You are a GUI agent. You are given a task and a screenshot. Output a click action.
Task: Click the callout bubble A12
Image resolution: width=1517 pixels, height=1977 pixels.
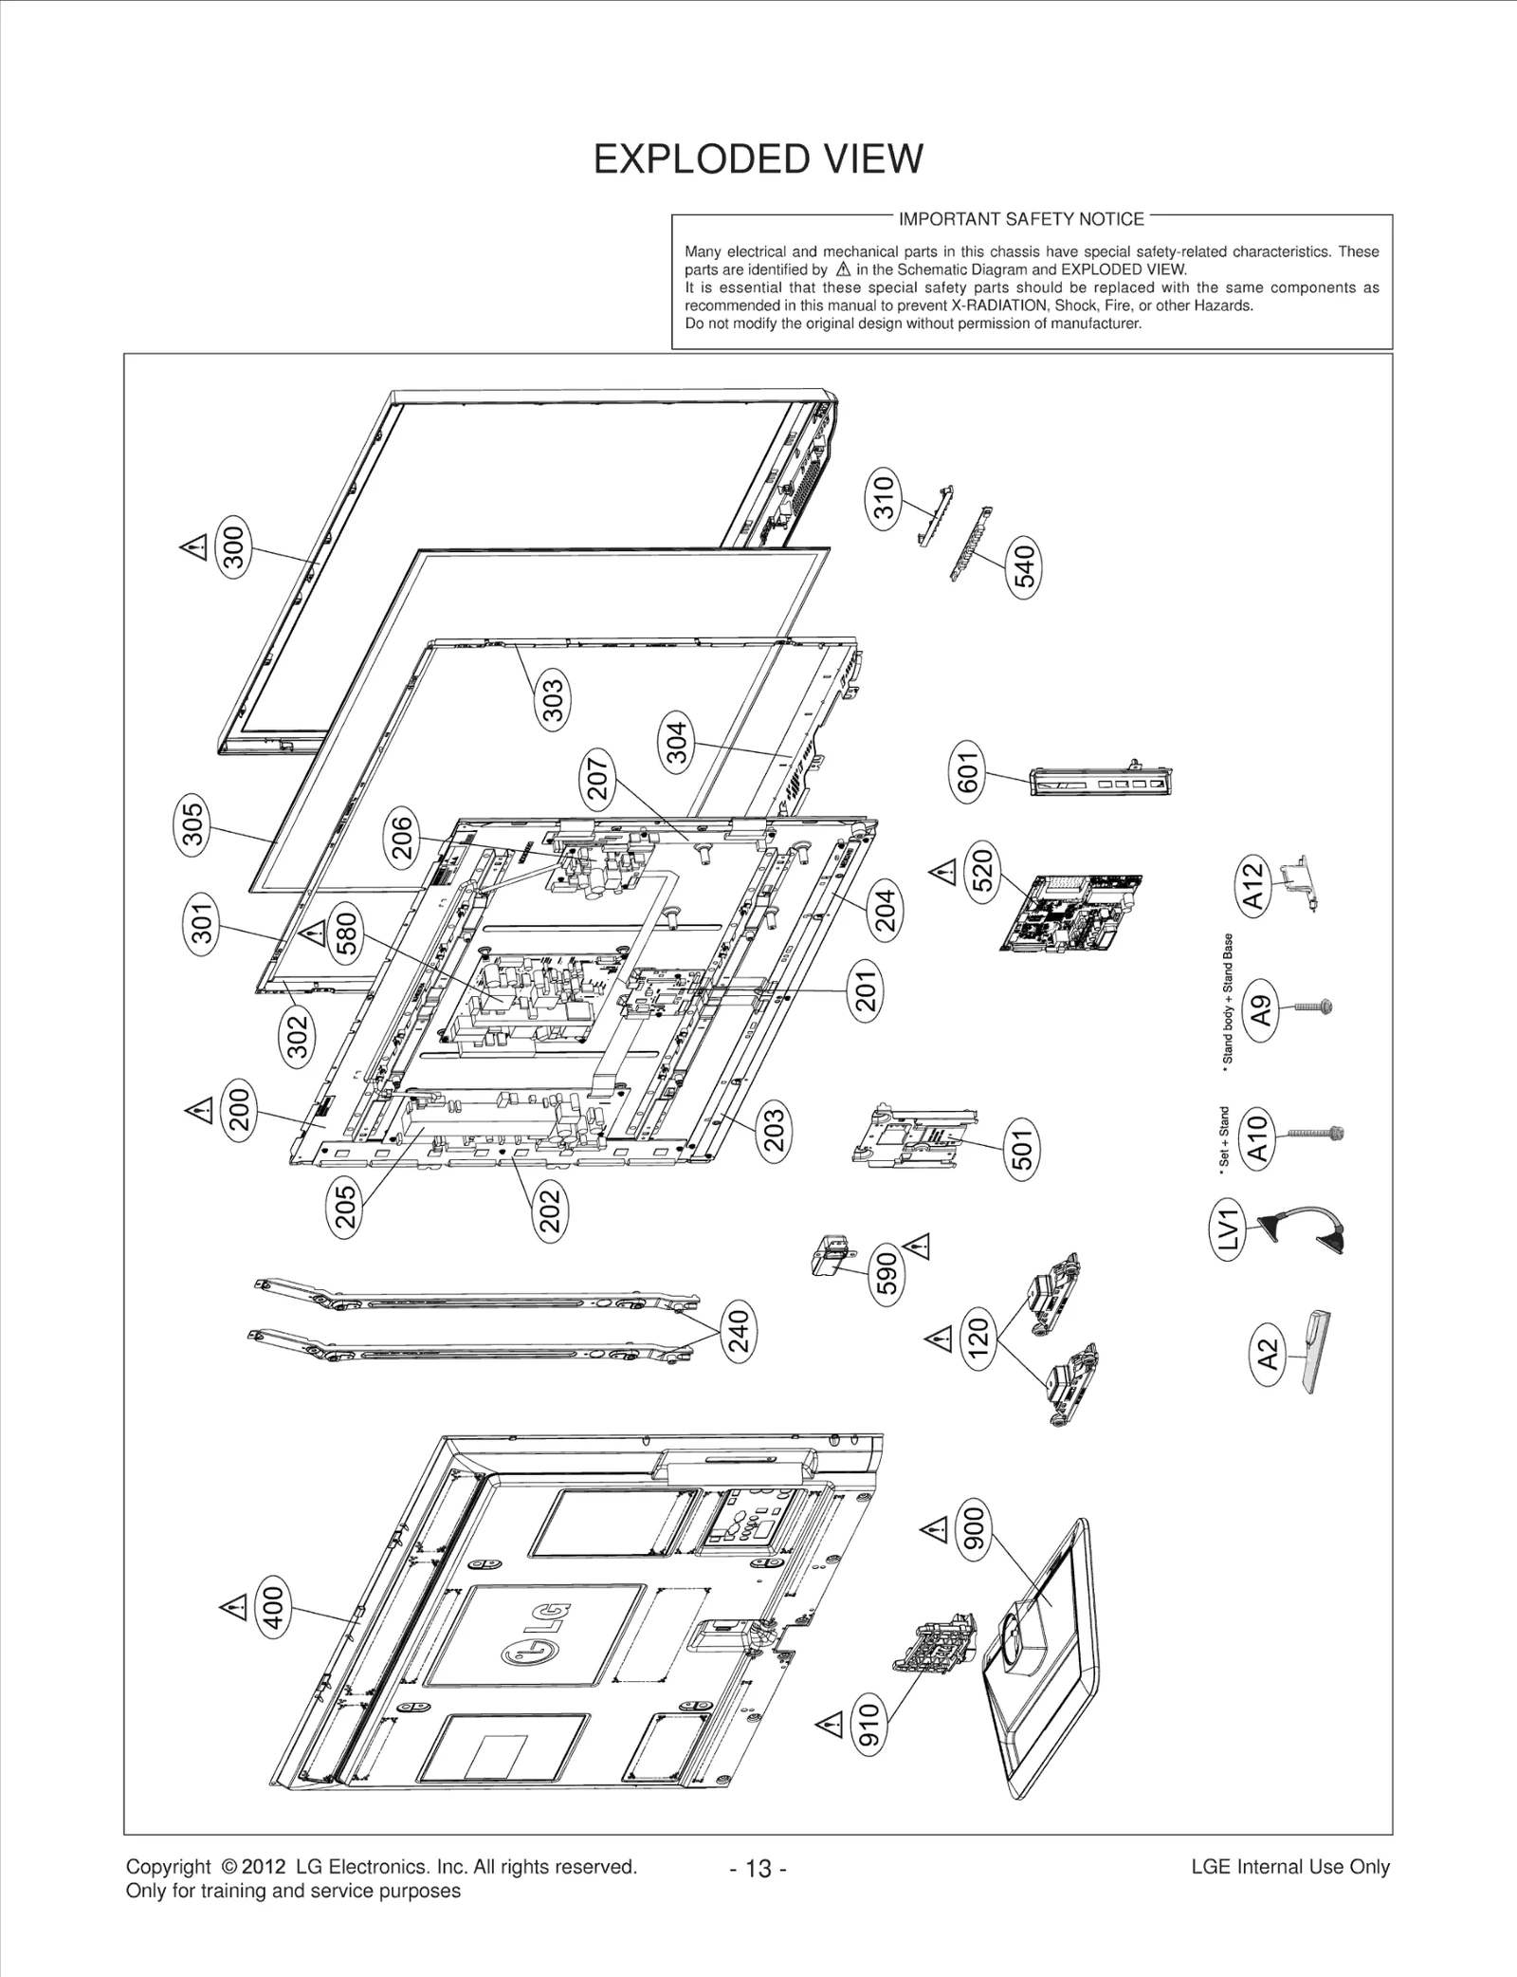(1254, 884)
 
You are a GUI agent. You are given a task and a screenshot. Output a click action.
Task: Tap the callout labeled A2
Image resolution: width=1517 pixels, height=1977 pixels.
(1268, 1354)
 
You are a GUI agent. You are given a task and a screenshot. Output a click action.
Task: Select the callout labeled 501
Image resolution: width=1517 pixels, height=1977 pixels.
(1022, 1148)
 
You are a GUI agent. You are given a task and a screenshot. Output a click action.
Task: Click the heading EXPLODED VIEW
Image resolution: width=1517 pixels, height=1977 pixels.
(758, 159)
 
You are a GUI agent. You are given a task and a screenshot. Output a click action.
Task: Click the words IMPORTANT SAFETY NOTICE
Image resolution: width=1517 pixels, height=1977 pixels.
(1021, 219)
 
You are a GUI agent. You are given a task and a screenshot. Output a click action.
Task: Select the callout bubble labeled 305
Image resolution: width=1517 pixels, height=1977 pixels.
(192, 824)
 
